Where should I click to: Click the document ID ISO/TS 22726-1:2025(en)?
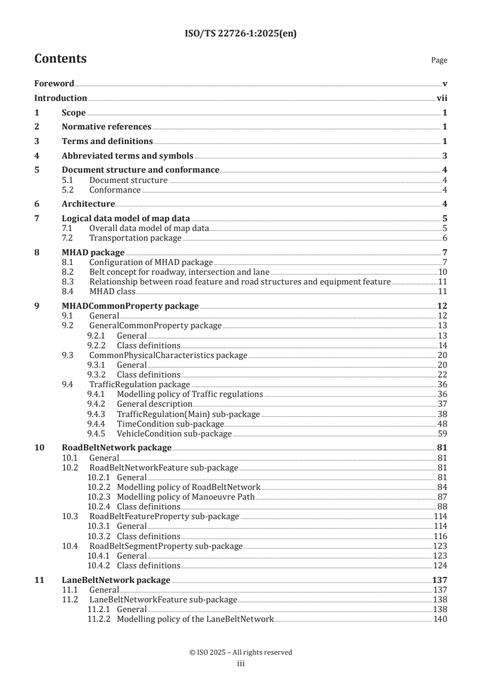pos(241,35)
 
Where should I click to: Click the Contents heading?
pos(60,59)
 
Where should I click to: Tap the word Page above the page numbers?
pos(439,60)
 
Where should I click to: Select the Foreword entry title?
pos(54,83)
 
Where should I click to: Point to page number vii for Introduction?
pos(442,98)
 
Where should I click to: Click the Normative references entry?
pos(106,127)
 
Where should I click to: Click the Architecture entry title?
pos(88,204)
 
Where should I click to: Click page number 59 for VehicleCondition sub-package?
pos(443,433)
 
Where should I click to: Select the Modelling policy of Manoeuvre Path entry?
pos(186,497)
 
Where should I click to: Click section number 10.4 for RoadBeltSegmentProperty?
pos(71,545)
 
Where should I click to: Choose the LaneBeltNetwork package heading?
pos(115,580)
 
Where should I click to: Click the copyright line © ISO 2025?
pos(241,652)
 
